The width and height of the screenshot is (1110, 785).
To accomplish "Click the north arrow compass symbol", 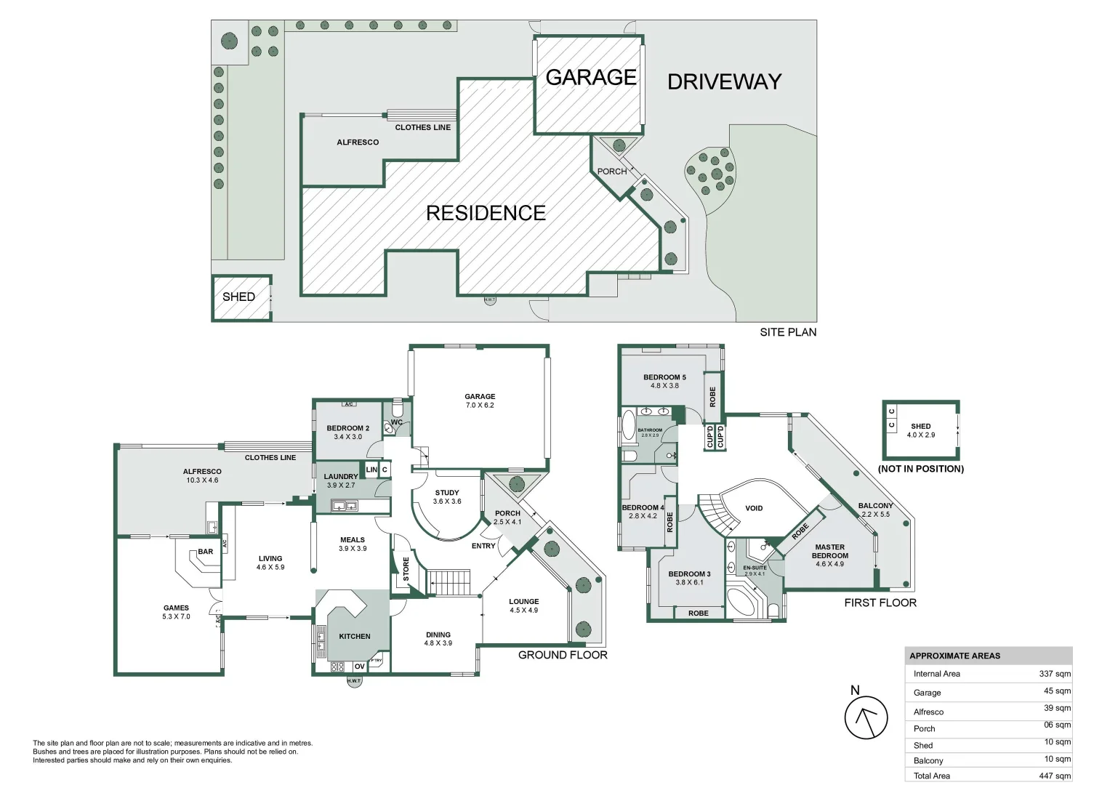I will (x=866, y=717).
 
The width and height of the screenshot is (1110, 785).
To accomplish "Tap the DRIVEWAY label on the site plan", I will (x=724, y=81).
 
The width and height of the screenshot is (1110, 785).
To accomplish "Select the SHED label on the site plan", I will (x=238, y=297).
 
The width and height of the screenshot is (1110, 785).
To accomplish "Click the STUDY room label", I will (x=446, y=493).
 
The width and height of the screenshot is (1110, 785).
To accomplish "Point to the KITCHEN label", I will (x=355, y=636).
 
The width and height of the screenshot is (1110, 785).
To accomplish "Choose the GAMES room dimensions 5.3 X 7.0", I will (x=176, y=616).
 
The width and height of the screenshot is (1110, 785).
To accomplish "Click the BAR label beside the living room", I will (x=206, y=552).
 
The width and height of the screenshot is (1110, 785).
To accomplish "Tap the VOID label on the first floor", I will (x=754, y=508).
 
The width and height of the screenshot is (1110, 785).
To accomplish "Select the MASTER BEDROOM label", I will (x=829, y=551).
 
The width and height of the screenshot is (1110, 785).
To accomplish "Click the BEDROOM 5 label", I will (x=664, y=377).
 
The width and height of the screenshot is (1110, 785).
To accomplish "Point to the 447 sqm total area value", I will (x=1054, y=776).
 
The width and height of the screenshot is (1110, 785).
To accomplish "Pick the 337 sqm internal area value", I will (x=1054, y=674).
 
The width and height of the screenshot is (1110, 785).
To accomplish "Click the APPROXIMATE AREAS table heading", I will (x=954, y=656).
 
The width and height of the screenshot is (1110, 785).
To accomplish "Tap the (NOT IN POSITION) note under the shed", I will (x=920, y=469).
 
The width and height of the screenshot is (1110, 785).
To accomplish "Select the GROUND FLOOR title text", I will (x=562, y=655).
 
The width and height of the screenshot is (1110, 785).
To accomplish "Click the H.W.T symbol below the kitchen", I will (x=354, y=682).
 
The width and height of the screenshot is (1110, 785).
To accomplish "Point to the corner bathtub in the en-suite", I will (x=742, y=602).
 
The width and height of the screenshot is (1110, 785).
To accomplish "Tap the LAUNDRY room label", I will (x=341, y=477).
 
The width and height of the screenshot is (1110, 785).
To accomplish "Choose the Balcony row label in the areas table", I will (x=928, y=760).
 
